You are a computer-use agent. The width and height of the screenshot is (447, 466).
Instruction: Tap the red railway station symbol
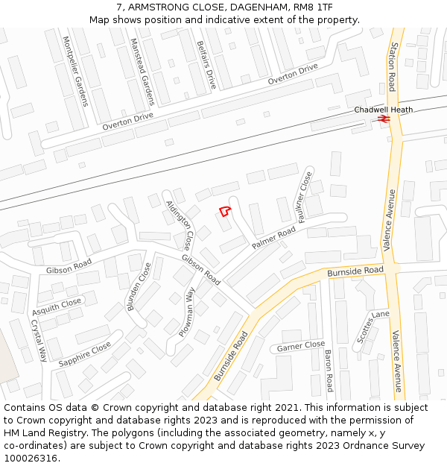coord(384,118)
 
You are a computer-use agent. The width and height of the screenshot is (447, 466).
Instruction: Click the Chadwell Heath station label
coord(383,110)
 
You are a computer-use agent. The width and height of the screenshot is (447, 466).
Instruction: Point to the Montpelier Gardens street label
coord(75,71)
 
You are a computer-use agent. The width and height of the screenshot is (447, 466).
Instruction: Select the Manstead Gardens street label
coord(141,71)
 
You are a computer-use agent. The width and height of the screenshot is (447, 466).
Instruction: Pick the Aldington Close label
coord(180,224)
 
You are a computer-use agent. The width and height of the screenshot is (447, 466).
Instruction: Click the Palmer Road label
coord(273,238)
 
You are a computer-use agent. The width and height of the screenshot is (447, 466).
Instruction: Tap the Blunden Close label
coord(139,286)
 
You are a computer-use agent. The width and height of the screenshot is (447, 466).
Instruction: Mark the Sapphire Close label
coord(84,353)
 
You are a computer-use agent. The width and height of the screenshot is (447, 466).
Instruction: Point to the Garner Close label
coord(301,347)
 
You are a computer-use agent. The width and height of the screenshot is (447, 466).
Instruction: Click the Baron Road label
coord(328,371)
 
